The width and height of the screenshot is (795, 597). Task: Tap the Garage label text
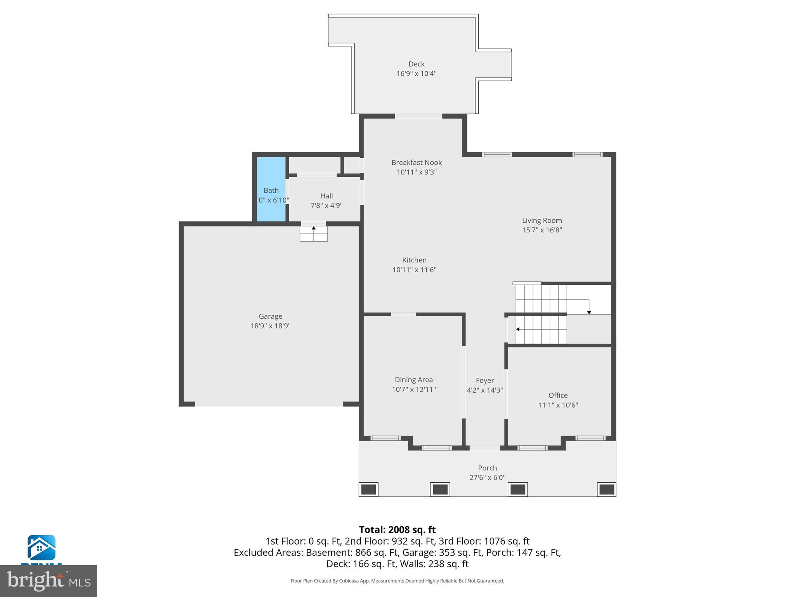[x=271, y=316]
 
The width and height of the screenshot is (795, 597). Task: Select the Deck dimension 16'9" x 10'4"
[x=416, y=73]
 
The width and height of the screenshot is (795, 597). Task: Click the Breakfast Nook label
[x=417, y=162]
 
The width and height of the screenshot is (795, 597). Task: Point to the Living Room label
[x=542, y=220]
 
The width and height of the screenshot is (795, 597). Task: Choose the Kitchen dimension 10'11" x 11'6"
[x=414, y=270]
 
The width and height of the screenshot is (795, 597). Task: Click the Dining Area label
[x=413, y=380]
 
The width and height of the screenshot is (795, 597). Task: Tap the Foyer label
[x=485, y=381]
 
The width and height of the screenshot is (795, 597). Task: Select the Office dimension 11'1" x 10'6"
[x=558, y=405]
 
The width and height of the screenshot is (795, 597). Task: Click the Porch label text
[x=487, y=468]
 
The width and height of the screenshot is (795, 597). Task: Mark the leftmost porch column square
[x=368, y=489]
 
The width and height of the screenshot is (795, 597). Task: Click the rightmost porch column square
[x=606, y=489]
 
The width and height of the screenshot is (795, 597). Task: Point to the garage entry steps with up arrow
[x=314, y=234]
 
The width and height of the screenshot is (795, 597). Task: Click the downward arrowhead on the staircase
[x=589, y=312]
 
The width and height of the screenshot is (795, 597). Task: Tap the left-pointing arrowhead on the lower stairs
[x=518, y=329]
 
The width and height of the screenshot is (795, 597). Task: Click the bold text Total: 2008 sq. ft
[x=397, y=530]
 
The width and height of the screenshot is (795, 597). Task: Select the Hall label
[x=326, y=196]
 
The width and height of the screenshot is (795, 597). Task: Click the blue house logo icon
[x=42, y=547]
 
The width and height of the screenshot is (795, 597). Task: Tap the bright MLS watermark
[x=49, y=581]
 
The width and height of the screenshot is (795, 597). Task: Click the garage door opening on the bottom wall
[x=269, y=404]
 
